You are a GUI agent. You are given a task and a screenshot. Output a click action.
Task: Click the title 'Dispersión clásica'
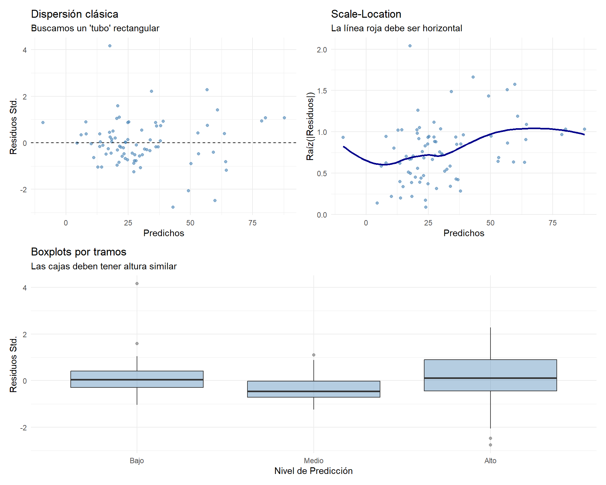pyautogui.click(x=74, y=14)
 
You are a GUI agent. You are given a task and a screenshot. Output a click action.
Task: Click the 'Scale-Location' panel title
pyautogui.click(x=366, y=14)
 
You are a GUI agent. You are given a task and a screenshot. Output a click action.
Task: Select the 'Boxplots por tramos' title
pyautogui.click(x=79, y=252)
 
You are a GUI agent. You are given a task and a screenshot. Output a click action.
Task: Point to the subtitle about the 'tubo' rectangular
pyautogui.click(x=95, y=28)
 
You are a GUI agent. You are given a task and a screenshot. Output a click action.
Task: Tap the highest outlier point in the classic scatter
pyautogui.click(x=110, y=46)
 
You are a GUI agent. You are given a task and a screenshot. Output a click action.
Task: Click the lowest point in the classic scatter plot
pyautogui.click(x=173, y=207)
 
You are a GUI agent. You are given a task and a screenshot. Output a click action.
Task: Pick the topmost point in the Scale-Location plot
pyautogui.click(x=410, y=46)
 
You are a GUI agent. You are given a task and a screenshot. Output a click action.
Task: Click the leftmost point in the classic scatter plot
pyautogui.click(x=43, y=123)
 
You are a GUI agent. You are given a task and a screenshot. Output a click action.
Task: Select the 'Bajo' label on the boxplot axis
pyautogui.click(x=137, y=461)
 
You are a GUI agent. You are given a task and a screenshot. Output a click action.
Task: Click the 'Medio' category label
pyautogui.click(x=313, y=461)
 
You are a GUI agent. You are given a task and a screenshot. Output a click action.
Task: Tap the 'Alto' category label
pyautogui.click(x=490, y=461)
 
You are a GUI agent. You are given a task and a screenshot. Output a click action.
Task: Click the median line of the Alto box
pyautogui.click(x=490, y=378)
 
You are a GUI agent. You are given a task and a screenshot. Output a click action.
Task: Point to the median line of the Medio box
pyautogui.click(x=313, y=392)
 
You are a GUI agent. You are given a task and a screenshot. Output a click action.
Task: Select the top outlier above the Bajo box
pyautogui.click(x=137, y=284)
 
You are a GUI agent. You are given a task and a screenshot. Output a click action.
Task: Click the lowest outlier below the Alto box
pyautogui.click(x=490, y=445)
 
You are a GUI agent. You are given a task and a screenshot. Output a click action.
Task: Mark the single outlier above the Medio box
pyautogui.click(x=314, y=355)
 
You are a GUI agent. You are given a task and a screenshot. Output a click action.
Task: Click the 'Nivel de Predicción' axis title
pyautogui.click(x=313, y=471)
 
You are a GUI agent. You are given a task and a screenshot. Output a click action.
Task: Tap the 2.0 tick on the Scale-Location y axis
pyautogui.click(x=322, y=50)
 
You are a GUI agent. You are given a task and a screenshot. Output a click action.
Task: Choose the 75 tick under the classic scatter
pyautogui.click(x=252, y=223)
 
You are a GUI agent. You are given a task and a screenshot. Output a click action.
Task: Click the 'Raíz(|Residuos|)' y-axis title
pyautogui.click(x=310, y=126)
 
